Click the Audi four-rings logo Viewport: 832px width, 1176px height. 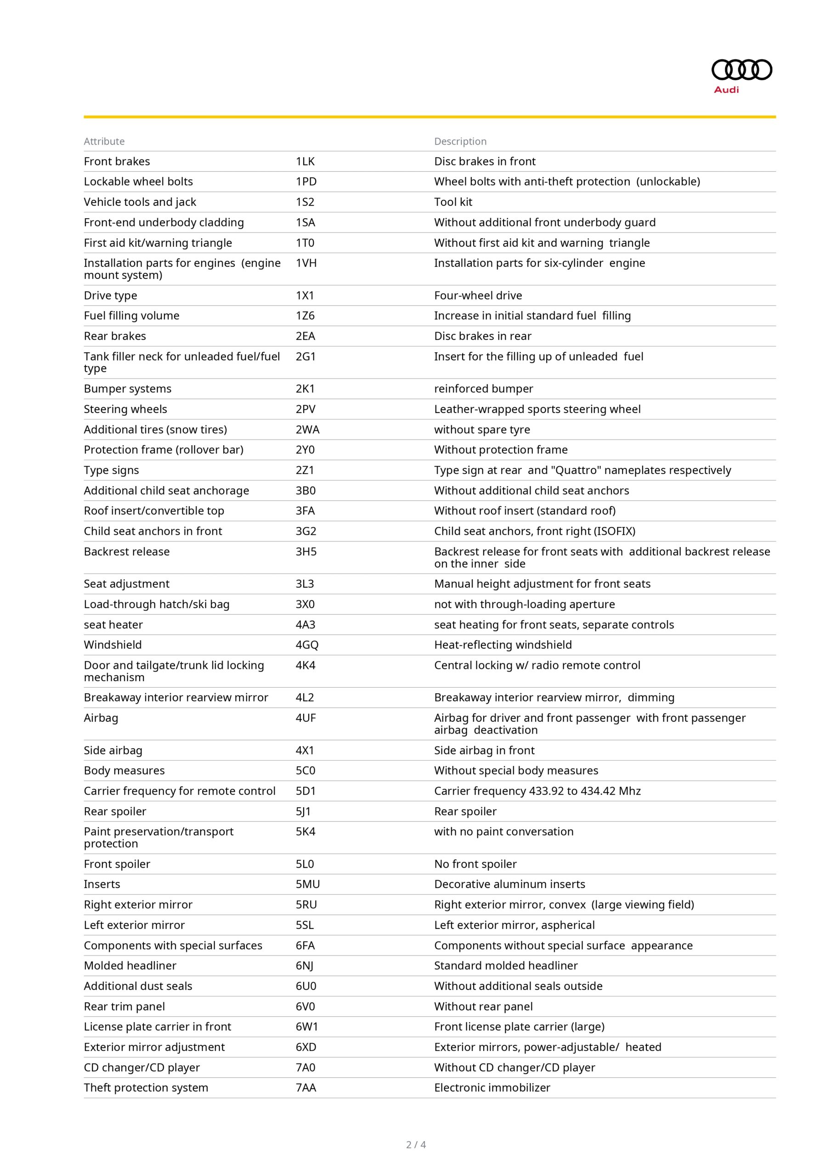tap(741, 70)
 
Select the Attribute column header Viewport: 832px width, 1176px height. tap(104, 141)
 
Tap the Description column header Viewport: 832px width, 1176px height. tap(460, 141)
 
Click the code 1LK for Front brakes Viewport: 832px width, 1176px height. tap(305, 161)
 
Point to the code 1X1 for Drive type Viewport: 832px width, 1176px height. tap(305, 295)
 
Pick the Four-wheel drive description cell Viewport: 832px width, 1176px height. tap(478, 295)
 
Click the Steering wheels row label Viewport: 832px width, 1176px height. tap(125, 409)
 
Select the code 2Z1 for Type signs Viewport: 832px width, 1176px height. tap(305, 470)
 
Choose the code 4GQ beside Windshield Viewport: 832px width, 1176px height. tap(307, 645)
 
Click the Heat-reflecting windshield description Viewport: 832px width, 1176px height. tap(503, 645)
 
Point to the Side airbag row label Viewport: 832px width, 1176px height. tap(113, 750)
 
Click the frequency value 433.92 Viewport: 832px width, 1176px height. tap(546, 791)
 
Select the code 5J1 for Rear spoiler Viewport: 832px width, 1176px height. tap(303, 811)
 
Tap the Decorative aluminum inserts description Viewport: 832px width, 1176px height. tap(509, 884)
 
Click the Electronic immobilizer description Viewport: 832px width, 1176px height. tap(492, 1087)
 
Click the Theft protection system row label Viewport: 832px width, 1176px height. tap(146, 1087)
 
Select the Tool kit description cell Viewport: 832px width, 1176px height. tap(453, 202)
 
